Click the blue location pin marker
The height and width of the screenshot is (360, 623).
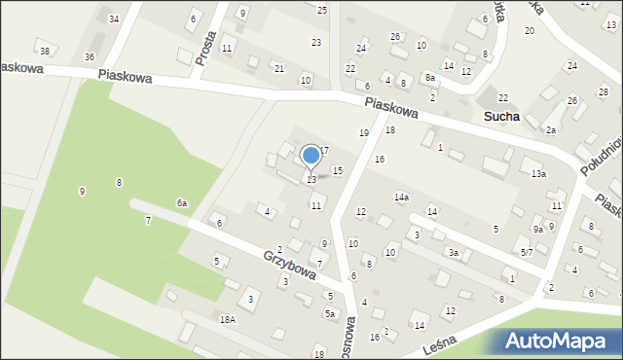tap(311, 157)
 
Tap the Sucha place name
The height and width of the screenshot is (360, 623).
tap(500, 116)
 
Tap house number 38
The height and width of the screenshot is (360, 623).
tap(44, 51)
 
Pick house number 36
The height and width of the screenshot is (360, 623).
tap(90, 57)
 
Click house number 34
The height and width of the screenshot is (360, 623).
tap(114, 19)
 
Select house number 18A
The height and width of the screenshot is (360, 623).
tap(228, 319)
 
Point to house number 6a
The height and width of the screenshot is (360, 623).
tap(181, 202)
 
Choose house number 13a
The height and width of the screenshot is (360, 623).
tap(538, 174)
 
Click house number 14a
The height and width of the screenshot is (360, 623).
tap(401, 198)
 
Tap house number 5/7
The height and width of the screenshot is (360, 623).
tap(526, 252)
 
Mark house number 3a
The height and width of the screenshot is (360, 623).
tap(454, 253)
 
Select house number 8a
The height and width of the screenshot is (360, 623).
tap(429, 77)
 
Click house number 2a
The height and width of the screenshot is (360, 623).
tap(550, 129)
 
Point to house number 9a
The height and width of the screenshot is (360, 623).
tap(537, 229)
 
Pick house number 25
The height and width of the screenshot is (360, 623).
tap(322, 10)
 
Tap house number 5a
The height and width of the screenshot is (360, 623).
tap(330, 313)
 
